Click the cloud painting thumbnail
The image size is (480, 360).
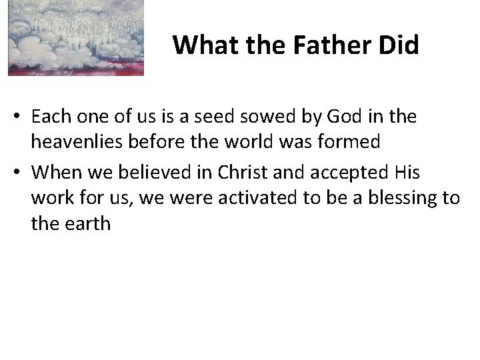(75, 38)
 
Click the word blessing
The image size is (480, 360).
(398, 198)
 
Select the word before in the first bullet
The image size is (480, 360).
(153, 143)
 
